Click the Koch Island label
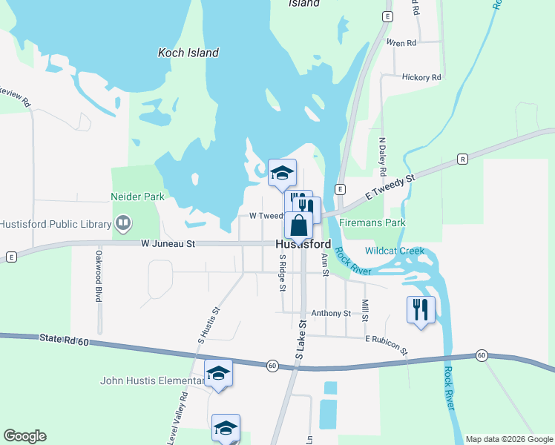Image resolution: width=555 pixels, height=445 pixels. point(188,53)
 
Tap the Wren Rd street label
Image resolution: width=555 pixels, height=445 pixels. point(401,43)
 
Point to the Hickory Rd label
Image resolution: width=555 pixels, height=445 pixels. point(421,77)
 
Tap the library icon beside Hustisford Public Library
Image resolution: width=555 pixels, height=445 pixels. point(123,222)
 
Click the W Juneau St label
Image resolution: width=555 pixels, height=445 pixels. point(168,243)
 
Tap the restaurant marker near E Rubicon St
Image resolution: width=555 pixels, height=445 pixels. point(421,309)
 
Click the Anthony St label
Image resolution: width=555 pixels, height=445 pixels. point(330,314)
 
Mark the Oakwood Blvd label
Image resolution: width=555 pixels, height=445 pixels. point(98,276)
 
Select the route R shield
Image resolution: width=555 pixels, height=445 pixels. point(462,159)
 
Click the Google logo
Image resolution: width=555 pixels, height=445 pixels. point(24,436)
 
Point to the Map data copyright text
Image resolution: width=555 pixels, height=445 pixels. point(508,439)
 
